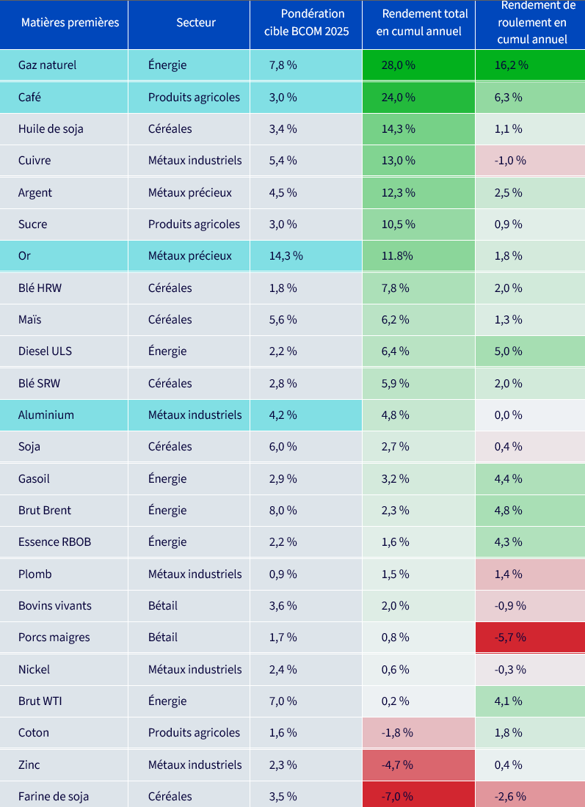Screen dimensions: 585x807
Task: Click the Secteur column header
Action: coord(196,23)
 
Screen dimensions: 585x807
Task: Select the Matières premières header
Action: coord(70,23)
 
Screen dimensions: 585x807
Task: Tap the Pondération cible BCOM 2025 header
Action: coord(306,23)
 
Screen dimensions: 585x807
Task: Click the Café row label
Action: coord(29,98)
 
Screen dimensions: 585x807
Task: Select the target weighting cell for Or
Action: coord(286,256)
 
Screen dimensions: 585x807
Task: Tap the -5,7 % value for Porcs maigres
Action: coord(510,638)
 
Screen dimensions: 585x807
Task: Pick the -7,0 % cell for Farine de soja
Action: coord(397,797)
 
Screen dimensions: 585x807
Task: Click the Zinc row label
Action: coord(29,764)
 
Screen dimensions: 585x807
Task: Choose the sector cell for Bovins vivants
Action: coord(163,606)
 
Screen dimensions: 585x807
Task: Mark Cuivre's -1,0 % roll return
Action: coord(510,161)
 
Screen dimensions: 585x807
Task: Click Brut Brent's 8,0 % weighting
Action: coord(283,511)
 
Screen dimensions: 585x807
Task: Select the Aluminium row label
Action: coord(46,415)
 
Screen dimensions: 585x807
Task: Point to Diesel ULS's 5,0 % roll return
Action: coord(508,351)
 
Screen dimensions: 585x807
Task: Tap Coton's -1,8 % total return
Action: coord(397,733)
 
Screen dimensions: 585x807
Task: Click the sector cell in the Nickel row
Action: coord(195,670)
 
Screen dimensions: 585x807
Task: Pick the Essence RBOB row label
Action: coord(54,542)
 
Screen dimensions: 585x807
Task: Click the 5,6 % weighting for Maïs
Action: coord(283,320)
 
